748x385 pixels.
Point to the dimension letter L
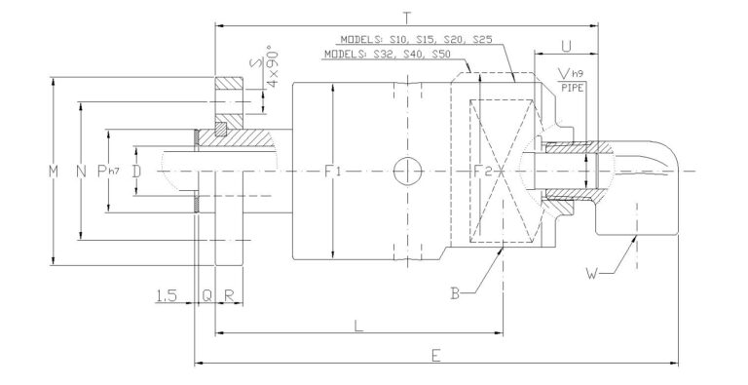[x=358, y=326]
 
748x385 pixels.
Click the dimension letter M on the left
[x=54, y=172]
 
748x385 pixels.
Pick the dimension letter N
[x=80, y=172]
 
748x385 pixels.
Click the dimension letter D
[x=136, y=172]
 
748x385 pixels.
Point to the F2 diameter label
[x=481, y=172]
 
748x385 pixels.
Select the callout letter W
[x=587, y=272]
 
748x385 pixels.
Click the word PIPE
[x=573, y=87]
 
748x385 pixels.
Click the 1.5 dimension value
[x=168, y=295]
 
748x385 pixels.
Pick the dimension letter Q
[x=206, y=295]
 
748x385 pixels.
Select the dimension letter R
[x=228, y=295]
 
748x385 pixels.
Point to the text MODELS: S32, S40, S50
[x=387, y=56]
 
